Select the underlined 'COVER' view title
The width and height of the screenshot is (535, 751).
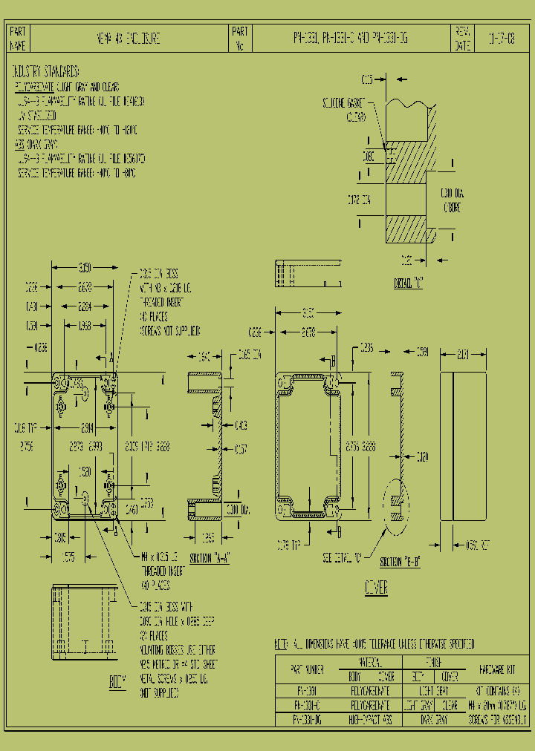[376, 588]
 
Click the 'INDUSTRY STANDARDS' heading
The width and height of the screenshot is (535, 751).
[46, 73]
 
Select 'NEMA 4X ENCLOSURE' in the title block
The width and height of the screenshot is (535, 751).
[129, 38]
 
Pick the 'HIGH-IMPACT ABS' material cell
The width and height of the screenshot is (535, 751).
[370, 720]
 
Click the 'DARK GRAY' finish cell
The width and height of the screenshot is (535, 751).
[435, 720]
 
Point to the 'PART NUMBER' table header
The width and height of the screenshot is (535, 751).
[307, 669]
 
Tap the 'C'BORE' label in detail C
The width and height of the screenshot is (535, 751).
[452, 208]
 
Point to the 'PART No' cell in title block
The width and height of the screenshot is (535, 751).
[240, 38]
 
